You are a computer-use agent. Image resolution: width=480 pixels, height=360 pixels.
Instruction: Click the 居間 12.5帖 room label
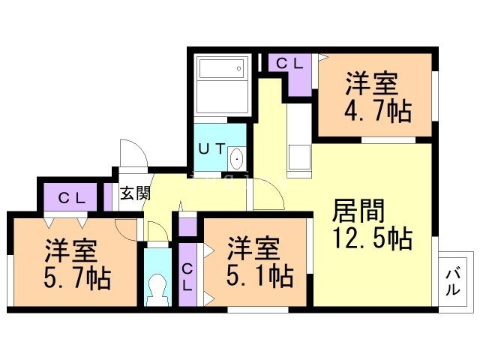[372, 223]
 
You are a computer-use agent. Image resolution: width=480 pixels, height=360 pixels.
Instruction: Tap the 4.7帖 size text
[378, 111]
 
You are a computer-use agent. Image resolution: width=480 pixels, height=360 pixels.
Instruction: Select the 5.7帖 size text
[77, 278]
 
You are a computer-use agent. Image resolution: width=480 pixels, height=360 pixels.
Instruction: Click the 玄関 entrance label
[135, 193]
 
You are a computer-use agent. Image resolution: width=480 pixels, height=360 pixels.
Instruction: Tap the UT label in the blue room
[211, 149]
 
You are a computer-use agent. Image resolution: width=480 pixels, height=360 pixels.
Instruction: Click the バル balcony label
[453, 282]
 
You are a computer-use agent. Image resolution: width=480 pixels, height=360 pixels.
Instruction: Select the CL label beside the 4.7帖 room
[289, 64]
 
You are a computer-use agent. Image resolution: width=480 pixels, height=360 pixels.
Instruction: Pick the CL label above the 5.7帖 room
[72, 199]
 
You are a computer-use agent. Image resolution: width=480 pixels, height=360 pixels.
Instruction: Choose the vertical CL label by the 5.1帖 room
[187, 277]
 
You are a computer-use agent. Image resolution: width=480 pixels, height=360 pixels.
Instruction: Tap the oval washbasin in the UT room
[236, 158]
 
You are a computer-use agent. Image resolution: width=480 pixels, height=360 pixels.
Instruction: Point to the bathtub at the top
[221, 68]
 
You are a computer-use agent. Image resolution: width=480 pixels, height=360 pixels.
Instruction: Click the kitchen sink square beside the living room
[299, 157]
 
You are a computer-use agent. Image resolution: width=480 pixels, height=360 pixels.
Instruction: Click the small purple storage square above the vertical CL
[187, 227]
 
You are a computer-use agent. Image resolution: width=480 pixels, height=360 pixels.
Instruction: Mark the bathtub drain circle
[239, 68]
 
